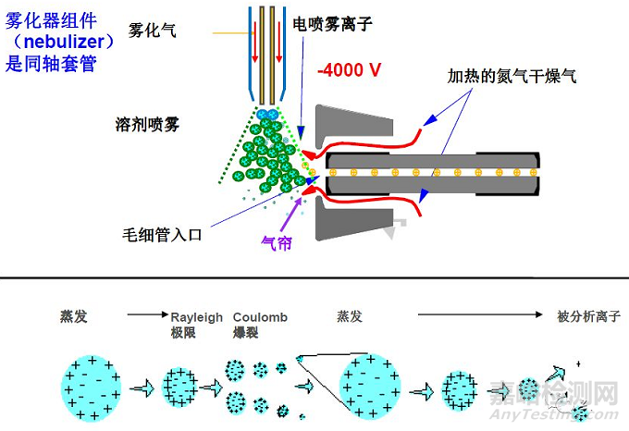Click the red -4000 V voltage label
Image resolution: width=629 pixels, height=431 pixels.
click(x=351, y=69)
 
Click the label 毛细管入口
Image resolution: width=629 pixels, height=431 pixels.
click(x=161, y=235)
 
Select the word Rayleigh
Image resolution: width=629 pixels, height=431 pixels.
click(x=197, y=317)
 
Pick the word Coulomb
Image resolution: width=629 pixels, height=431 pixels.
click(x=260, y=317)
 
